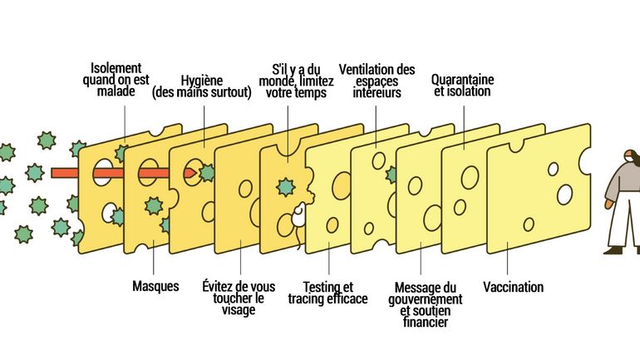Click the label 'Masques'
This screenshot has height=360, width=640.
click(155, 287)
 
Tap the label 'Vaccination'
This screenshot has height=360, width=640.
click(513, 288)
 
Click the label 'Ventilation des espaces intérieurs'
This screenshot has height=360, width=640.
click(377, 81)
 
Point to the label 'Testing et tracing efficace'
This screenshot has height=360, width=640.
click(327, 293)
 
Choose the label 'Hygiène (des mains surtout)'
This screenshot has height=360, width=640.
click(201, 86)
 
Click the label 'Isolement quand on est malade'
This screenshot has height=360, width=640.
click(116, 80)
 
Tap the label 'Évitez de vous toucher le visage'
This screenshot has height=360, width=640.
click(239, 298)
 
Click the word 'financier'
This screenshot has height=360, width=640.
click(426, 323)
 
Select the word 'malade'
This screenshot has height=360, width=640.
click(116, 92)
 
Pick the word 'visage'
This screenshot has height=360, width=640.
click(239, 311)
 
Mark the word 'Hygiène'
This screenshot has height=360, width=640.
click(201, 80)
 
